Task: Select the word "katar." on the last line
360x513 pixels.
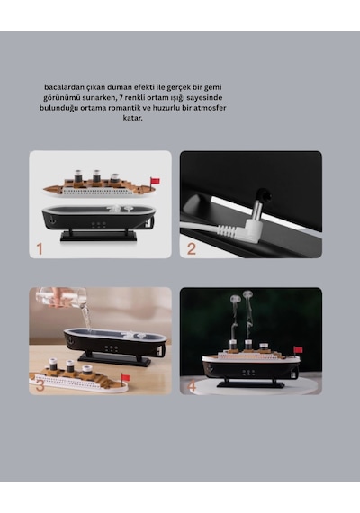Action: point(133,118)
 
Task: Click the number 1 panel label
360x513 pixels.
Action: point(40,249)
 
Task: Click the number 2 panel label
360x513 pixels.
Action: point(192,249)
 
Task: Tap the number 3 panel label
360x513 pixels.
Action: point(40,385)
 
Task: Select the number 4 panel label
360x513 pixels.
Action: point(192,386)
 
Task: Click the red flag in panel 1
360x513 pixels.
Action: point(155,181)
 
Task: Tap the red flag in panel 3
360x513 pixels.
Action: point(126,378)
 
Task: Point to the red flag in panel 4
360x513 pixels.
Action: point(298,350)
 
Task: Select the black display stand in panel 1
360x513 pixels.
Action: point(98,236)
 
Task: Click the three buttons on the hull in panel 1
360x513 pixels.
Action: point(98,224)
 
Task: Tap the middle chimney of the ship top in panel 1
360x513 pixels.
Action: point(96,176)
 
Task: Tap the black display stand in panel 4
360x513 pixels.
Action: point(251,383)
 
